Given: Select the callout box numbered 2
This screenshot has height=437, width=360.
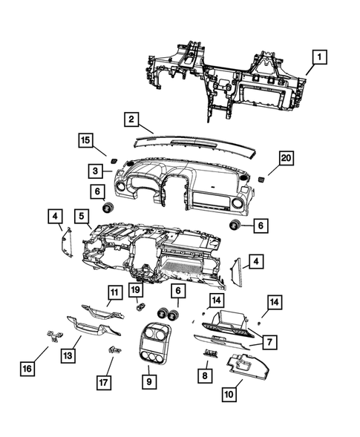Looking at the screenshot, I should tap(130, 118).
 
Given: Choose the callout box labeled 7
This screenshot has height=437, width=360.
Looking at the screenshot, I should tap(269, 341).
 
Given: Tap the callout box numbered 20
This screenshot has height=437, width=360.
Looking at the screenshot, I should tap(285, 157).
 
